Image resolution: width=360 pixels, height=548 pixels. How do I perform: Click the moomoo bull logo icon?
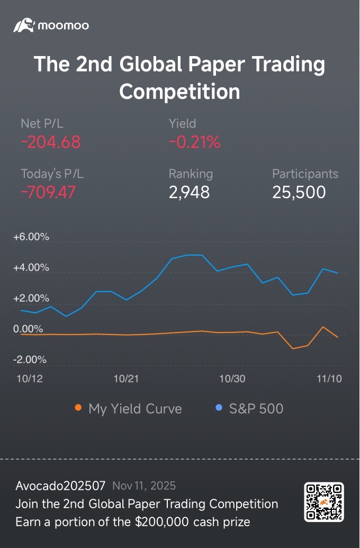(x=24, y=25)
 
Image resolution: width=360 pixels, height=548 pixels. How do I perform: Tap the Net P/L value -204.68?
(x=50, y=142)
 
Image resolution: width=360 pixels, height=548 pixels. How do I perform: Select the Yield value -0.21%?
(x=194, y=142)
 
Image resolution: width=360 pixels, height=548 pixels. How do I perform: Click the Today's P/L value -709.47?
(x=48, y=192)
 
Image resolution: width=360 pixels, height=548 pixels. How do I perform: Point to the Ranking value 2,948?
(x=189, y=192)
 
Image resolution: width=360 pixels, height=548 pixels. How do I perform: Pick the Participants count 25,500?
(x=299, y=192)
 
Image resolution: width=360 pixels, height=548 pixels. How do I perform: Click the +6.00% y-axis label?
(x=31, y=238)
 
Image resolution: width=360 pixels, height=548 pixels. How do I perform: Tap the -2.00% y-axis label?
(x=30, y=360)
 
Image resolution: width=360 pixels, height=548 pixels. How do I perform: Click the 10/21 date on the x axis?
(x=127, y=379)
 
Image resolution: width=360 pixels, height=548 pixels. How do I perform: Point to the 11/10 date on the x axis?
(x=329, y=379)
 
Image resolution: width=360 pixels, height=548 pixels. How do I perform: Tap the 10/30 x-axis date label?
(x=232, y=379)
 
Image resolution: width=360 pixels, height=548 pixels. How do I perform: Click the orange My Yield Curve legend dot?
(x=78, y=408)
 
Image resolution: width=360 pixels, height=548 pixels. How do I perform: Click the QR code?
(x=324, y=502)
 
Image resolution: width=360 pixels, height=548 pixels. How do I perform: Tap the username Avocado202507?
(x=60, y=486)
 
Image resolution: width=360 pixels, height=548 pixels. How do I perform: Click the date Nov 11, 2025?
(x=144, y=486)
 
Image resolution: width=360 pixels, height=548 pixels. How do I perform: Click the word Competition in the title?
(x=179, y=91)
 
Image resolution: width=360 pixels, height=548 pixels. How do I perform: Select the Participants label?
(x=305, y=173)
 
